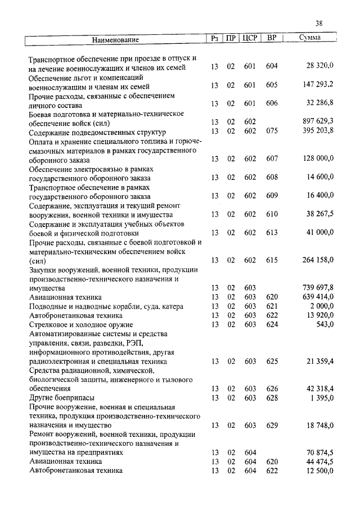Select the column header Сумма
310,39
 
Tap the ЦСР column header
250,39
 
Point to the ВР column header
272,39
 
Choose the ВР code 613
272,233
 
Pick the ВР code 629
272,426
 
